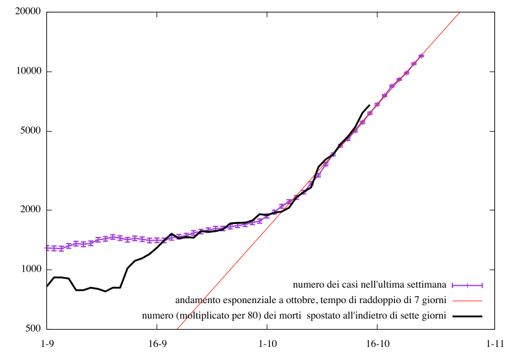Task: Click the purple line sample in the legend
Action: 467,285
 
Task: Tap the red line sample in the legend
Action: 467,301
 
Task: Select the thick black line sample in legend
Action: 467,316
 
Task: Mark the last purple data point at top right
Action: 421,56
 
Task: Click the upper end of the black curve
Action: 370,105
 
